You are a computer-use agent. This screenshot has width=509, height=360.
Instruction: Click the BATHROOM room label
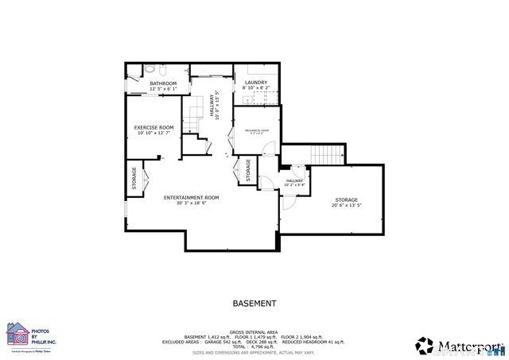pos(163,83)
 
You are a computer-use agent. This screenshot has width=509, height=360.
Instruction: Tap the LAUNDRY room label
pos(255,82)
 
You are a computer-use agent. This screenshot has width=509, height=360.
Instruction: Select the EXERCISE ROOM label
pos(153,127)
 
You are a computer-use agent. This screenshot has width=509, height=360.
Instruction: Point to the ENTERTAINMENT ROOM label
pos(191,197)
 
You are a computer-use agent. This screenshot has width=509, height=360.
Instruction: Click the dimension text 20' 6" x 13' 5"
pos(346,205)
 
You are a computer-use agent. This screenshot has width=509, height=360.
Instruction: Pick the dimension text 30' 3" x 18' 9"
pos(191,203)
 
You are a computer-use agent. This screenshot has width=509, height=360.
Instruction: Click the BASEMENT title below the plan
pos(254,304)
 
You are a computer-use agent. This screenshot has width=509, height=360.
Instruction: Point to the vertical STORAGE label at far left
pos(134,179)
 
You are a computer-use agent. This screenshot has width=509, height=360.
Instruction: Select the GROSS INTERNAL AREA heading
pos(254,332)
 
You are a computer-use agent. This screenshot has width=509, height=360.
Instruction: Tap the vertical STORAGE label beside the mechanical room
pos(248,171)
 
